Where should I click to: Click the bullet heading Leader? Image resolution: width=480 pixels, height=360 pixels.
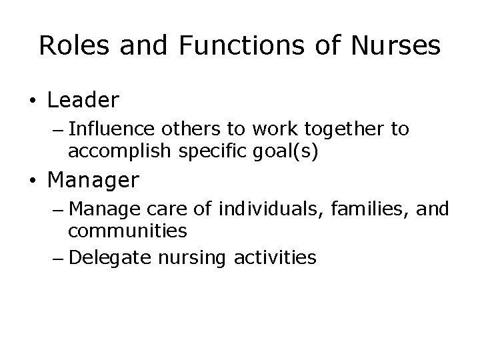click(83, 100)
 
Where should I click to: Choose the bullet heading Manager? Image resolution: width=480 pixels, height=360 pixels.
click(93, 180)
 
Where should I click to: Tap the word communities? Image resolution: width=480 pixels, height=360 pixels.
click(127, 231)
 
